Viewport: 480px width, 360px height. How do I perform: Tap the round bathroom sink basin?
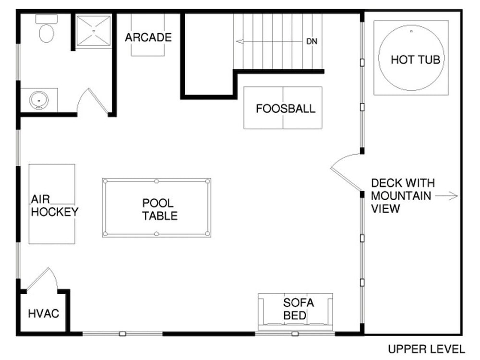point(39,100)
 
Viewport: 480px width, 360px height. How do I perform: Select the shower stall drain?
point(94,31)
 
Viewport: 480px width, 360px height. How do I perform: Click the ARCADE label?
point(148,37)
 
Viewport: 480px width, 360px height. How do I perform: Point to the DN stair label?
point(312,41)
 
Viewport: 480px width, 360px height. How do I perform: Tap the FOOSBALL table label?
point(285,108)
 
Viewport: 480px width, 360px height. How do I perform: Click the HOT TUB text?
point(415,60)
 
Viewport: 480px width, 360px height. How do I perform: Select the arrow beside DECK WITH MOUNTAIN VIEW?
point(446,196)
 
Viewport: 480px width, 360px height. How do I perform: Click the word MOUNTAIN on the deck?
point(401,196)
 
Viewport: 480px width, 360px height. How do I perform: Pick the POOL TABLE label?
point(159,209)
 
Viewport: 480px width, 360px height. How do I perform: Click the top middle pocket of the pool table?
point(156,181)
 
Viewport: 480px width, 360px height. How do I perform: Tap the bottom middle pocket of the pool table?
point(156,234)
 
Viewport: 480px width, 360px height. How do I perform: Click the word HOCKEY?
point(55,212)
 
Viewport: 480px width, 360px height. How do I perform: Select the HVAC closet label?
point(44,313)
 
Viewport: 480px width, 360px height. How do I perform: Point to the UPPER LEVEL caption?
point(426,349)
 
